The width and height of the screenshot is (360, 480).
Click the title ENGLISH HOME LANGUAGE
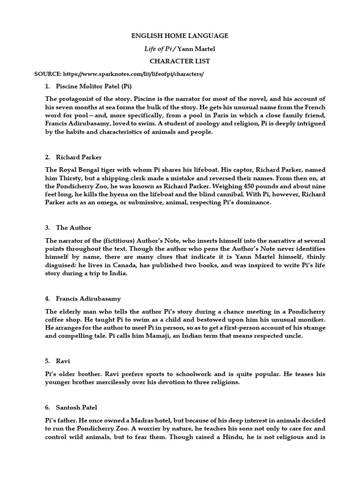point(180,35)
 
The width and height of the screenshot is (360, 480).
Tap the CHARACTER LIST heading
point(180,61)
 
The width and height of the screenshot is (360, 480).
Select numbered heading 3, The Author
point(74,227)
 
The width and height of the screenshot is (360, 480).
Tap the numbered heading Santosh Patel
point(76,408)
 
